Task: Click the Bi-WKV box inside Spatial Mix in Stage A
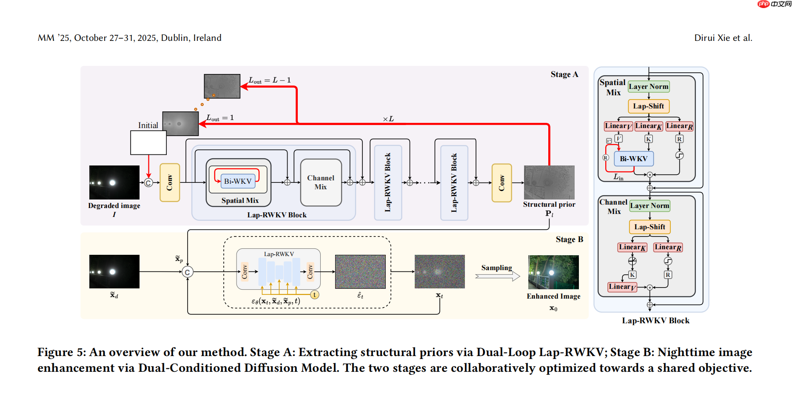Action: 238,181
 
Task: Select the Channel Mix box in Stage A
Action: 321,182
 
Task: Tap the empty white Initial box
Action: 148,142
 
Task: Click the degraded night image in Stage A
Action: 114,182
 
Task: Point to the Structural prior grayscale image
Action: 549,182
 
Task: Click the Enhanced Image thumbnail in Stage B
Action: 553,272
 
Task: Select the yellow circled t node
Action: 314,294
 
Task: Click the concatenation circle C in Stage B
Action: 188,272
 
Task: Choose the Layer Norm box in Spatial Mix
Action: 649,87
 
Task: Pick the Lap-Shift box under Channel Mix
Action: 650,227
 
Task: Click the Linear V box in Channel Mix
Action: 622,287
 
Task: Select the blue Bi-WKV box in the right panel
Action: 633,159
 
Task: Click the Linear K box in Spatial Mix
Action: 648,126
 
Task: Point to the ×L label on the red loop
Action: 388,119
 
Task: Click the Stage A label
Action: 564,74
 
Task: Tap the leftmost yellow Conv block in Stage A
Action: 170,182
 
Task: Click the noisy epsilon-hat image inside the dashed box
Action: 360,272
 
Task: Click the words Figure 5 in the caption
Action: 61,352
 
